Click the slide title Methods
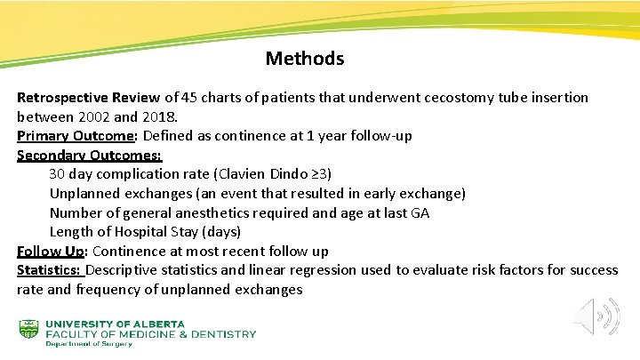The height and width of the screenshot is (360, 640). pos(304,60)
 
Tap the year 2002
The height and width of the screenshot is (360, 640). pos(95,116)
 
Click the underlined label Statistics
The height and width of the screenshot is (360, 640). pos(49,270)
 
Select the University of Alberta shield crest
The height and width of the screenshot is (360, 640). pos(29,330)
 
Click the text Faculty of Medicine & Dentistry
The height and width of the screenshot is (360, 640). pos(150,334)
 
